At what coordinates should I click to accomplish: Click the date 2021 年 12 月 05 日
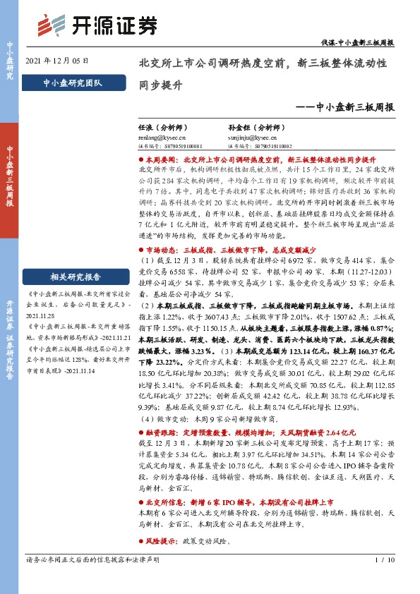point(56,61)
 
